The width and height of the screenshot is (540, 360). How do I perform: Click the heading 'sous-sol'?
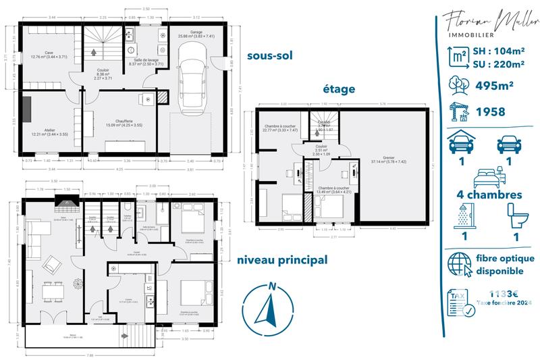[271, 56]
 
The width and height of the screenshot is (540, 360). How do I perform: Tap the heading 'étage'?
[338, 88]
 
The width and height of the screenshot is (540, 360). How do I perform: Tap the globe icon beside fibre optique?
[461, 264]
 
